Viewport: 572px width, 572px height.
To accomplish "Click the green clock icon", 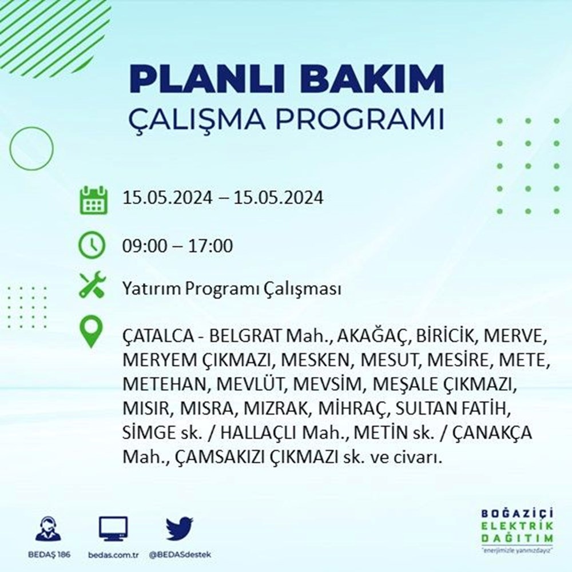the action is click(x=92, y=245).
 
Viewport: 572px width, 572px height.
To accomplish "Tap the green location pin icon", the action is click(x=91, y=332).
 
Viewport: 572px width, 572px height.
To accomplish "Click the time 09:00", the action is click(x=145, y=245).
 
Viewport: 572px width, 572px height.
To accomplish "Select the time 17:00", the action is click(x=210, y=245).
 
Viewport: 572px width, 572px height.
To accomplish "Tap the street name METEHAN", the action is click(x=166, y=384).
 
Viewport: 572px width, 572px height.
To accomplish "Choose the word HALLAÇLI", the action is click(x=260, y=432).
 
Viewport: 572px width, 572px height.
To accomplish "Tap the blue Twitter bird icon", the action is click(x=180, y=529).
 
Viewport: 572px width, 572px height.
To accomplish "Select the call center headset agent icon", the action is click(x=49, y=528).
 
